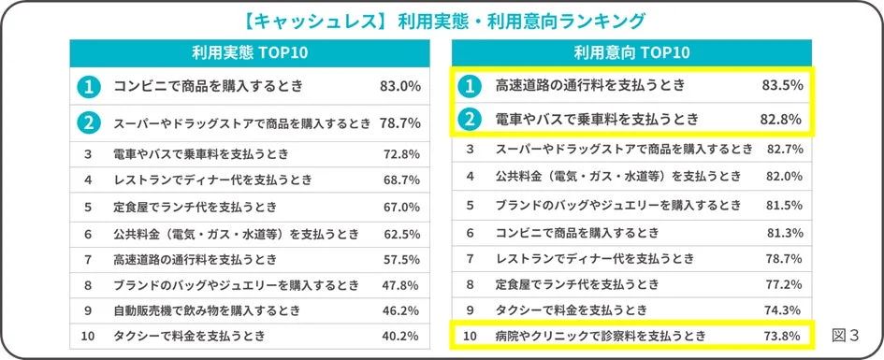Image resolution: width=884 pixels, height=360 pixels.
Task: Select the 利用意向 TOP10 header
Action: point(632,51)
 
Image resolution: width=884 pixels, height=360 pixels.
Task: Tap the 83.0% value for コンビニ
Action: point(399,87)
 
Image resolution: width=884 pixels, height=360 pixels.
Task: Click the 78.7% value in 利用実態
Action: point(399,122)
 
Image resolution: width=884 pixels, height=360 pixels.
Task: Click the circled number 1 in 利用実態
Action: point(88,87)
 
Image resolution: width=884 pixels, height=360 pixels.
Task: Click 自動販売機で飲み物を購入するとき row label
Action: point(206,309)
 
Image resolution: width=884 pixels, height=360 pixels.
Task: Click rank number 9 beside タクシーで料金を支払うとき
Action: point(471,310)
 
